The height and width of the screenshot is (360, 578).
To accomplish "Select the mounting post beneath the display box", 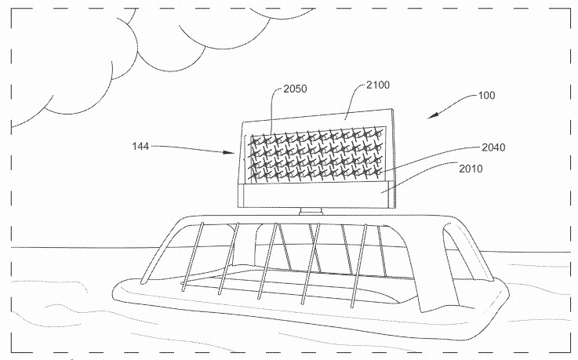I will [311, 210].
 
